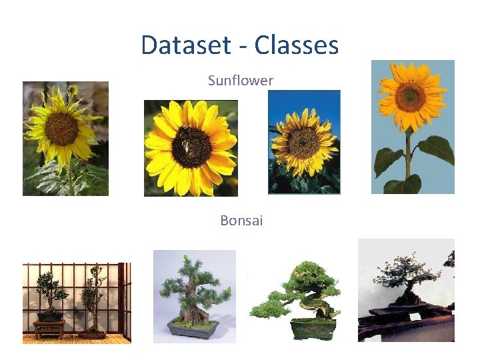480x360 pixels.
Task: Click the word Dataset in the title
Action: [183, 45]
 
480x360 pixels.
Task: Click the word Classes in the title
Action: [296, 45]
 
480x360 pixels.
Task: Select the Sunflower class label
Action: [240, 81]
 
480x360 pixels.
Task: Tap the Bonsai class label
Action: [241, 220]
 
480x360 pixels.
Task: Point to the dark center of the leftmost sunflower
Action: [61, 129]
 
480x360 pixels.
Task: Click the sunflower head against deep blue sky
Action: [303, 142]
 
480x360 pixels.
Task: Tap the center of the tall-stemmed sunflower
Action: [411, 97]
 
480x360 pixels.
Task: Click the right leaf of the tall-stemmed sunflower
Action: [437, 149]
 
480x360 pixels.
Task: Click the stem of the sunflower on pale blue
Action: [408, 157]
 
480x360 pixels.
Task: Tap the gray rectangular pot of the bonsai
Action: [193, 329]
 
